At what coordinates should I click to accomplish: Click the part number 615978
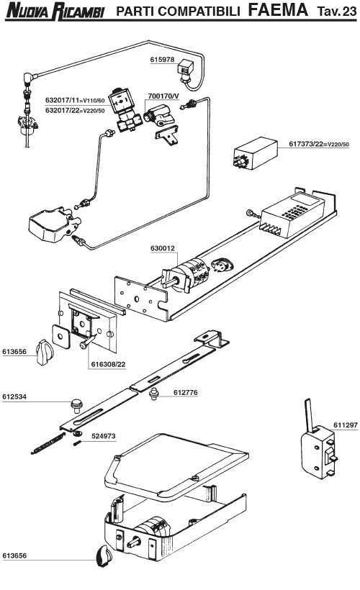click(x=162, y=60)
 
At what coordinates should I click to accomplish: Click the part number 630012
click(x=162, y=248)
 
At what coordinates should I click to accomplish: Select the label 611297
click(x=344, y=426)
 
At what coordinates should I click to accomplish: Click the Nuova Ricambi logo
click(x=54, y=12)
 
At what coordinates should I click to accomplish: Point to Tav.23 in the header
click(x=336, y=11)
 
